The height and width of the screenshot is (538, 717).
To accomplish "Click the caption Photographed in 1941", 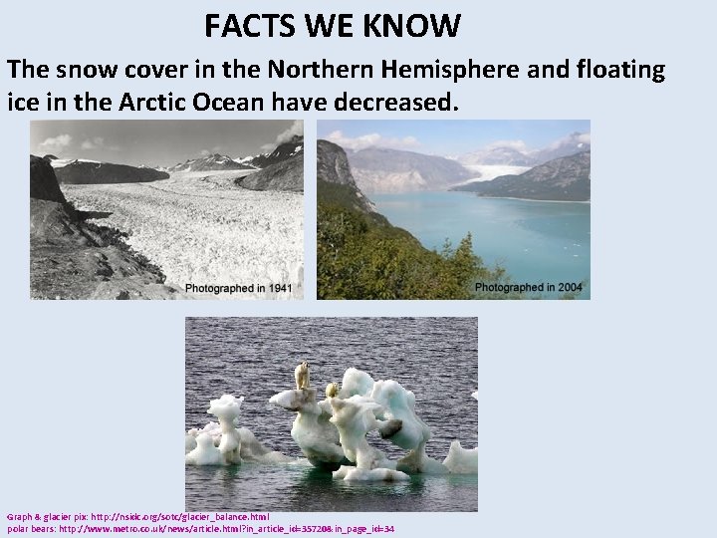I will [238, 288].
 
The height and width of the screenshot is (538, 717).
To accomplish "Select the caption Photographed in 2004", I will [528, 287].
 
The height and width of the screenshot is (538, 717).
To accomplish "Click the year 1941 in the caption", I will [280, 288].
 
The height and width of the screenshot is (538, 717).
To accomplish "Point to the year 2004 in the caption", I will [570, 287].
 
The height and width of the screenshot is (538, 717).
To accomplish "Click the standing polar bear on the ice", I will [301, 376].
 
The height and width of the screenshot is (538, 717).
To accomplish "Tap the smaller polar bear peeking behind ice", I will [332, 390].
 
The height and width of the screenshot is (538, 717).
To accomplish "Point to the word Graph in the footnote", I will [19, 517].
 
